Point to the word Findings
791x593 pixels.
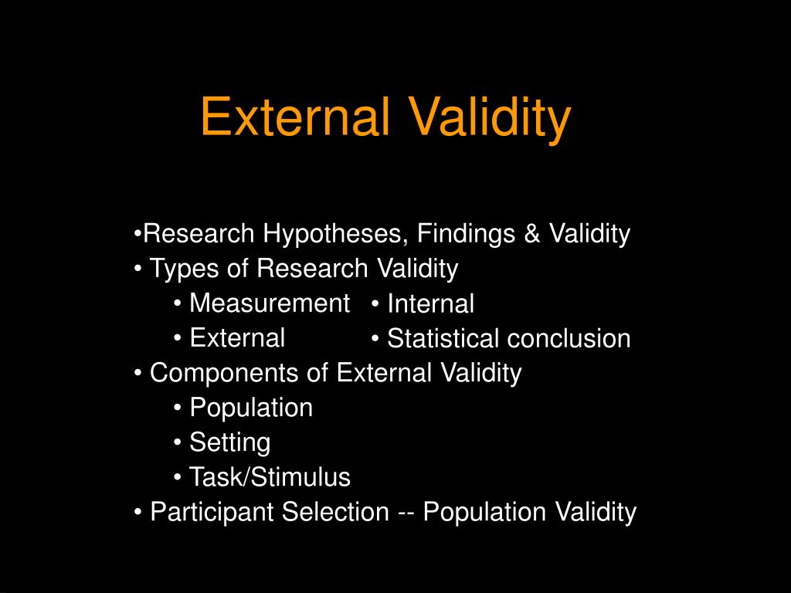468,233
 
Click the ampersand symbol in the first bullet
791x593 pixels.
533,233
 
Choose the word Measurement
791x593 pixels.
270,303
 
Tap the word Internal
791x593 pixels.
430,304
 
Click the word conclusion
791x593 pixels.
569,339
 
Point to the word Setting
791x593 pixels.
230,443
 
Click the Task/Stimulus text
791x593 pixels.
270,478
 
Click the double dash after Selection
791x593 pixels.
406,512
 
